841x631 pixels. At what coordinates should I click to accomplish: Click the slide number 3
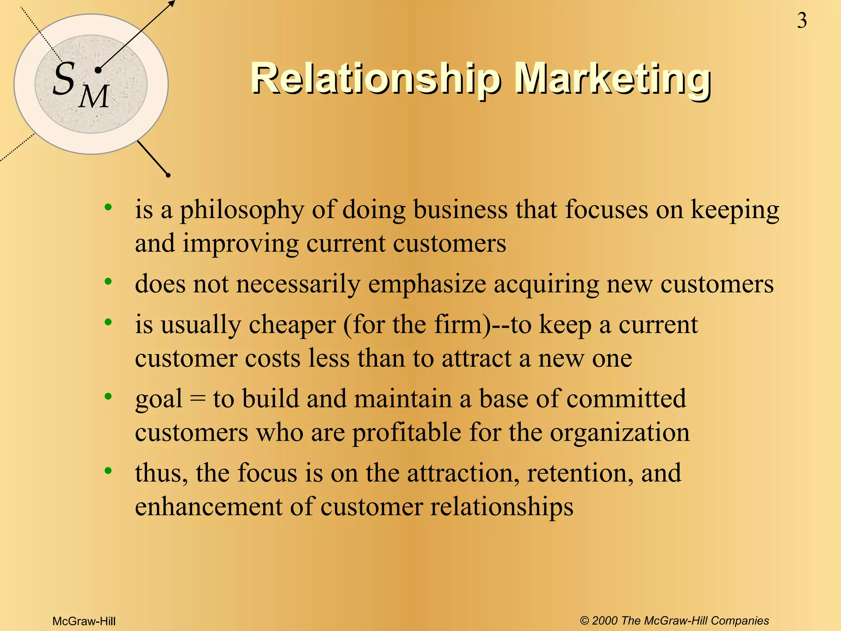(x=802, y=21)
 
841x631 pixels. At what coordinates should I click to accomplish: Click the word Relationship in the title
(x=375, y=78)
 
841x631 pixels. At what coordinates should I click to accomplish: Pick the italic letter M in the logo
(x=94, y=97)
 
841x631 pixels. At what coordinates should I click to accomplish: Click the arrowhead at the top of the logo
(x=172, y=3)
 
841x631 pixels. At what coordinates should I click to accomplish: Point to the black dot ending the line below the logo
(x=168, y=175)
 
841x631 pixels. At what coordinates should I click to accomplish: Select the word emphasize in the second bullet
(x=427, y=284)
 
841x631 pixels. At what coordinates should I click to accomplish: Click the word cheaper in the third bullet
(x=292, y=325)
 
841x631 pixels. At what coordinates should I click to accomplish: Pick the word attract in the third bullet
(x=476, y=358)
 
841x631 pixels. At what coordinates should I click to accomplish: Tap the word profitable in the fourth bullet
(x=407, y=433)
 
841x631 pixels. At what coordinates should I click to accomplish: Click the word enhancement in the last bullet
(x=209, y=507)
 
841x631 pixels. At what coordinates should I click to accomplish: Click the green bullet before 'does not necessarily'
(x=108, y=282)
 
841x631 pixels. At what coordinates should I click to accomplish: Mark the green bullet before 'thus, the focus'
(x=108, y=471)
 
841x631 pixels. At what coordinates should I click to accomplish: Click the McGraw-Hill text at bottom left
(x=84, y=621)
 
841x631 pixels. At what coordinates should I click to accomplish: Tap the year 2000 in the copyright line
(x=605, y=621)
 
